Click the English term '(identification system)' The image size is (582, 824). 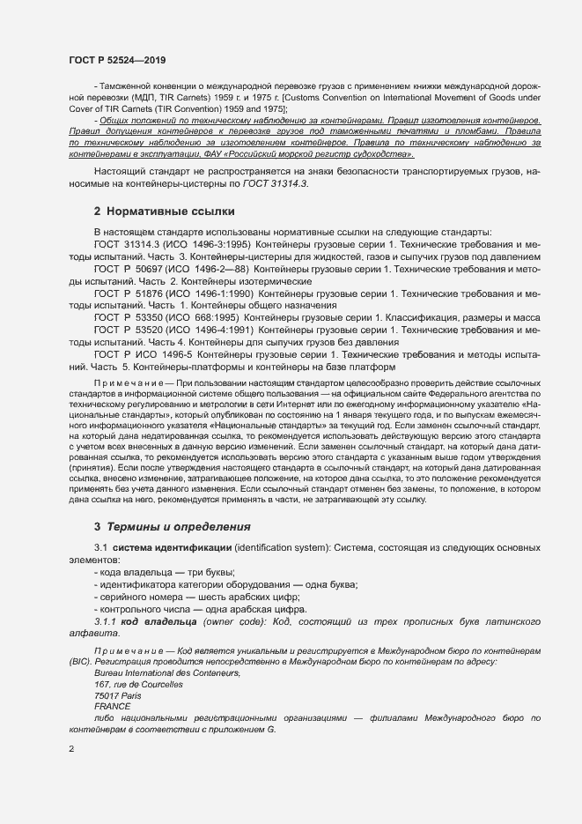(x=289, y=548)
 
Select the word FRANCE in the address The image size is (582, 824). (x=112, y=706)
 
